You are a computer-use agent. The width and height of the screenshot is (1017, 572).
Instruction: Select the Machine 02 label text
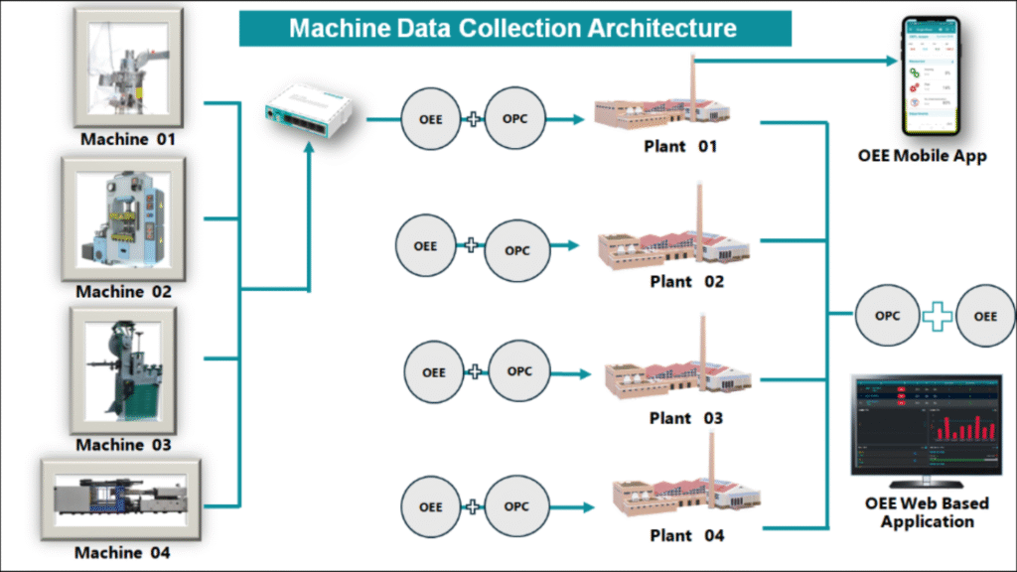[x=124, y=292]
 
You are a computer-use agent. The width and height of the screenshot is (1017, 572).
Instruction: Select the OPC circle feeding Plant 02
[x=517, y=250]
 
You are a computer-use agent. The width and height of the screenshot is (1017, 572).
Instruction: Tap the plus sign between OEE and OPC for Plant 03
[x=477, y=371]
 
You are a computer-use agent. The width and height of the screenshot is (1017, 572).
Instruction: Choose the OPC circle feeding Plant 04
[x=516, y=506]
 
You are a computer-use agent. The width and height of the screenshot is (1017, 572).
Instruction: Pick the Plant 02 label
[x=685, y=282]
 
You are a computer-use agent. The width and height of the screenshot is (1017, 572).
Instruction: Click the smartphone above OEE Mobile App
[x=930, y=73]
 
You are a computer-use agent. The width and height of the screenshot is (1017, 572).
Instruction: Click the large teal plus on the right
[x=937, y=317]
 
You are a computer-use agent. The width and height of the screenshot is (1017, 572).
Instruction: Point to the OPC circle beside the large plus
[x=887, y=316]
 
